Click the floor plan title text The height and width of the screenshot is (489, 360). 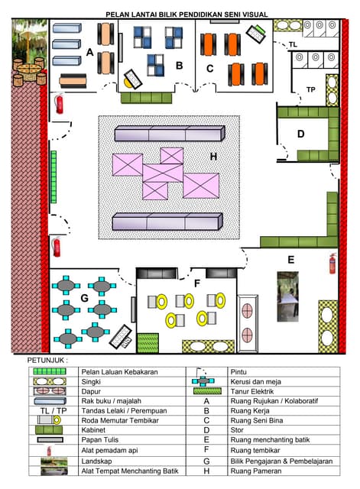click(186, 15)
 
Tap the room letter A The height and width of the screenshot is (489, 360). click(90, 52)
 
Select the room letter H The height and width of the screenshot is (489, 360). click(213, 156)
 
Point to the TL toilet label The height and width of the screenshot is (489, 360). click(293, 44)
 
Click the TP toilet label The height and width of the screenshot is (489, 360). click(311, 90)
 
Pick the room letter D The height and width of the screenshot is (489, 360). click(300, 134)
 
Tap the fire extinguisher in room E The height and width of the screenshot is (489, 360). click(332, 264)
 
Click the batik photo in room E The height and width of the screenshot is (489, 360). click(287, 296)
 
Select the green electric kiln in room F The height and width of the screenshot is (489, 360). click(148, 343)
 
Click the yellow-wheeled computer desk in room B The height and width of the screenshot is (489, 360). click(133, 79)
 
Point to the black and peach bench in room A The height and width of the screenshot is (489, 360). click(73, 81)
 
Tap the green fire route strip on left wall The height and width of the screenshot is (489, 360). click(54, 176)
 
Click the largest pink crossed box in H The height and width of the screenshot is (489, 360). click(201, 186)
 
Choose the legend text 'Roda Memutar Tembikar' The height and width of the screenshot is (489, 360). click(120, 420)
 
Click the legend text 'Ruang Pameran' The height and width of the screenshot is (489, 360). click(256, 471)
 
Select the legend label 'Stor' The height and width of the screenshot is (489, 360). click(237, 430)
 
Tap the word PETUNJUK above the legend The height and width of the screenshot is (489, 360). click(47, 360)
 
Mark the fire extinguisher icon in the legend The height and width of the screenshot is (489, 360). click(49, 451)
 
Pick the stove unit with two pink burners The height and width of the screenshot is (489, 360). click(248, 323)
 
